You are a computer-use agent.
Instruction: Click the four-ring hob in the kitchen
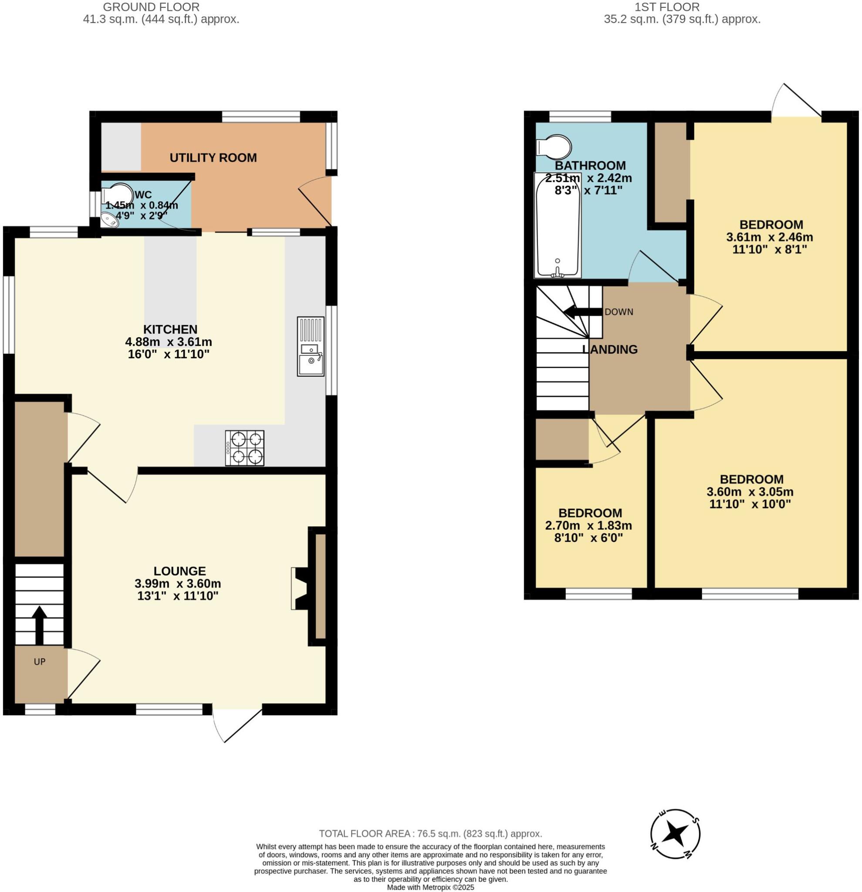(x=244, y=447)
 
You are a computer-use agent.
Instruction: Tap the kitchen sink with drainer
(x=311, y=346)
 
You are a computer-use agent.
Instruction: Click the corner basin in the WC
(x=108, y=221)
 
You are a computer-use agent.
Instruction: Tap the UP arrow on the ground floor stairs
(x=39, y=625)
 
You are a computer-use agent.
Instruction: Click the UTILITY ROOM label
(x=213, y=158)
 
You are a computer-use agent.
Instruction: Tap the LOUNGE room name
(x=179, y=571)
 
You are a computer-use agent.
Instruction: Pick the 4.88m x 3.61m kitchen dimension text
(x=169, y=341)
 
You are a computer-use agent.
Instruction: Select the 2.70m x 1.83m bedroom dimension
(x=588, y=526)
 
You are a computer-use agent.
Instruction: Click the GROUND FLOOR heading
(x=151, y=7)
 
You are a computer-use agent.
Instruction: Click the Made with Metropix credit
(x=430, y=888)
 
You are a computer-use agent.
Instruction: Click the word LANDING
(x=610, y=349)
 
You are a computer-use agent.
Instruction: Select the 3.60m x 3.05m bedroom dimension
(x=750, y=491)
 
